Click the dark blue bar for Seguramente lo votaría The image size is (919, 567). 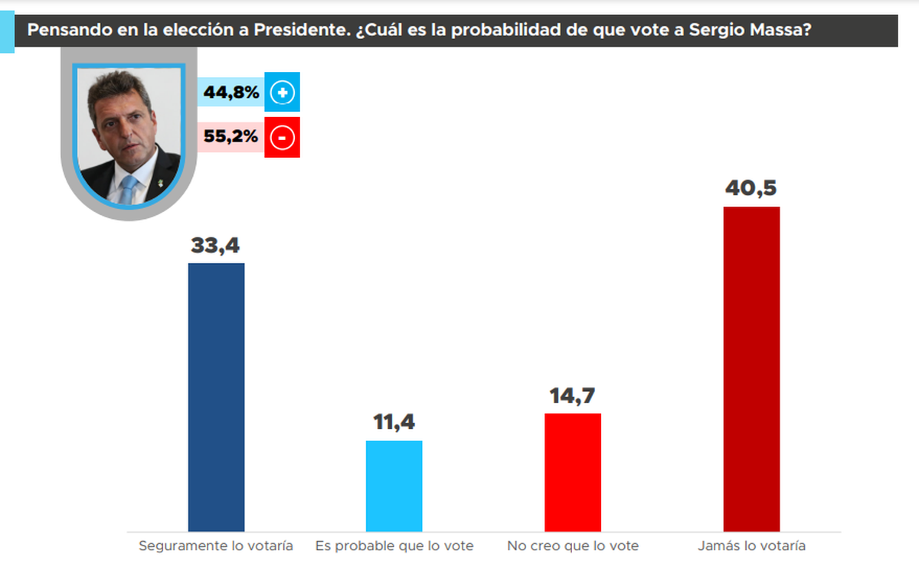click(x=216, y=397)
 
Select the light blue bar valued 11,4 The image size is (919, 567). click(x=394, y=486)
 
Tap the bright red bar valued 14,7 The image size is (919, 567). click(x=572, y=472)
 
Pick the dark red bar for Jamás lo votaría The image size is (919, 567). click(x=751, y=369)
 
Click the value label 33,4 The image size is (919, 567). click(x=216, y=246)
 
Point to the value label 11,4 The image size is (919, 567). click(x=394, y=423)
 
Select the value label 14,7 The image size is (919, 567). click(x=572, y=396)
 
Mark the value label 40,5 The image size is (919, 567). click(x=751, y=189)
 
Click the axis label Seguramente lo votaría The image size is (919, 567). click(x=216, y=546)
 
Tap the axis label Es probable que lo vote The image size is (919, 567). click(x=394, y=546)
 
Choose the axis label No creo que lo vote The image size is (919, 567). click(x=573, y=546)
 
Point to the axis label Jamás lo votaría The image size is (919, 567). click(x=751, y=546)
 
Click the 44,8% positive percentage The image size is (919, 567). click(x=231, y=93)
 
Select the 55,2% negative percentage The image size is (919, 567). click(x=231, y=138)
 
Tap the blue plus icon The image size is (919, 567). click(x=282, y=93)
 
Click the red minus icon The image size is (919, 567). click(x=282, y=138)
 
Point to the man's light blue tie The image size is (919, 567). click(x=127, y=188)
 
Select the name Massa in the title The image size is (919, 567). click(x=778, y=31)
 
